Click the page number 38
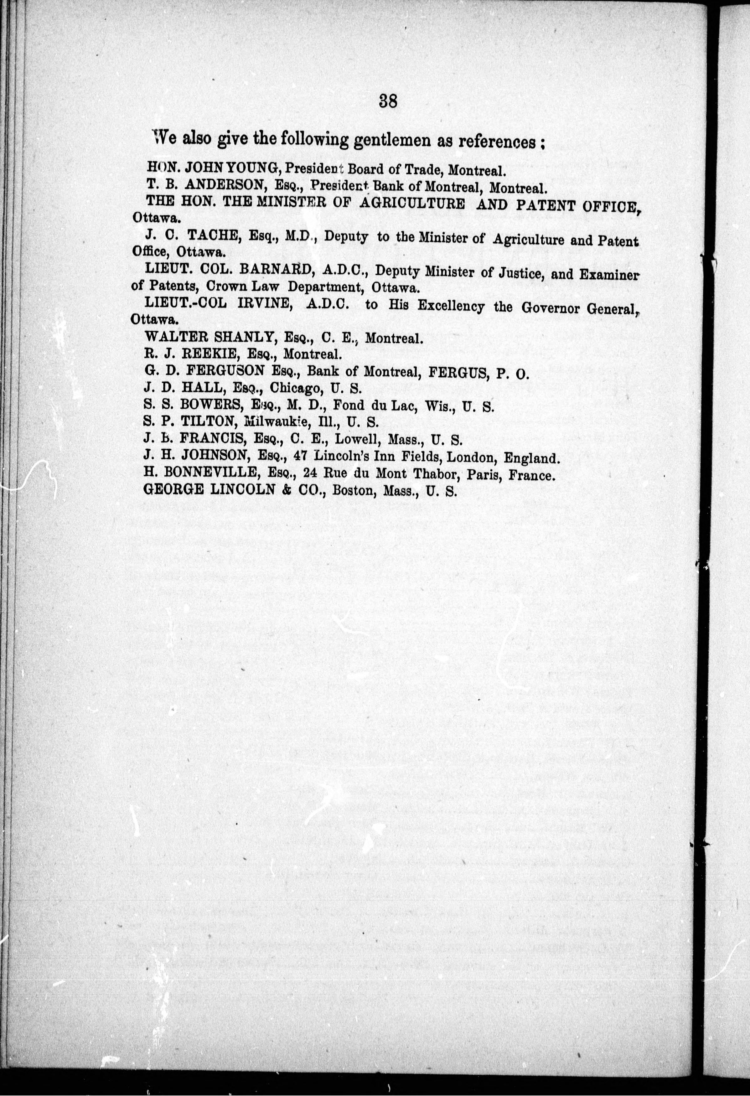[388, 102]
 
